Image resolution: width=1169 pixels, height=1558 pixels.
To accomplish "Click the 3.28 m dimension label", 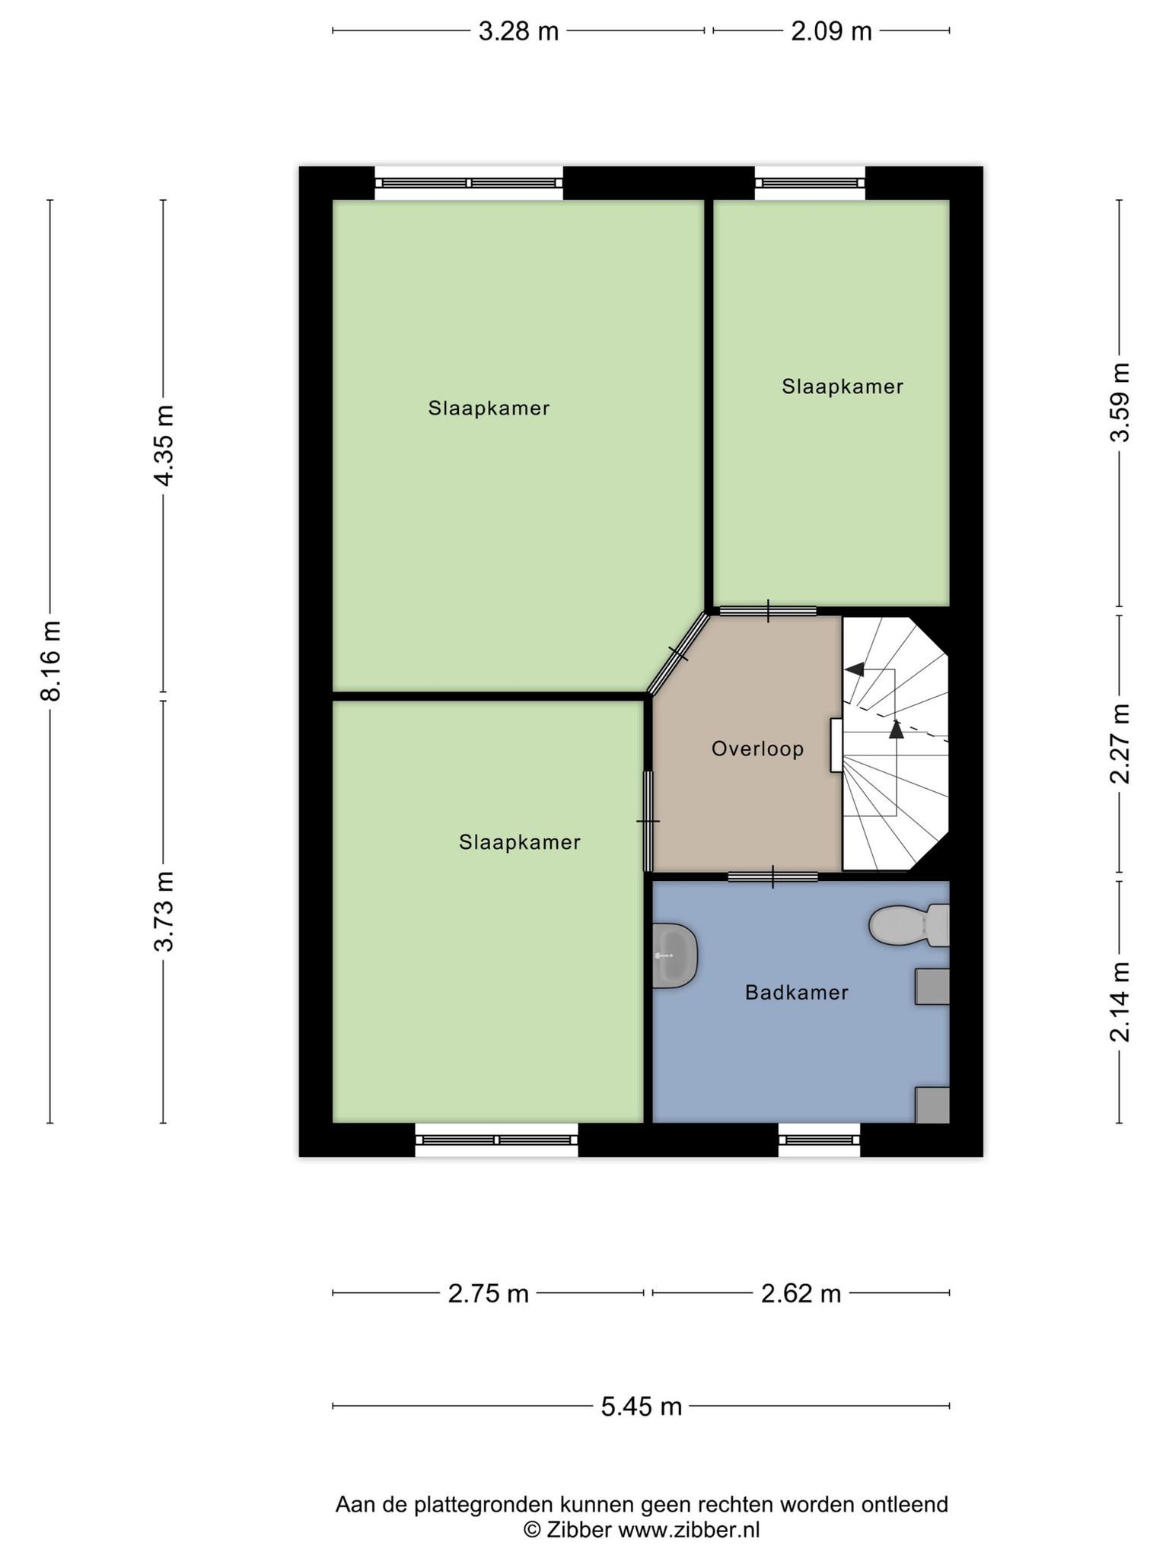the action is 518,32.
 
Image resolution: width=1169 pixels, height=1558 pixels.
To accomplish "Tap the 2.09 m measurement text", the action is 831,32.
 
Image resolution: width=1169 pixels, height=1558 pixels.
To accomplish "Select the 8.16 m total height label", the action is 52,660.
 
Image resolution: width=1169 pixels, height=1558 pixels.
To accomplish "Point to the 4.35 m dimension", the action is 164,444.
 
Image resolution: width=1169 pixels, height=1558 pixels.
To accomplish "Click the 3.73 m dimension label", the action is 164,911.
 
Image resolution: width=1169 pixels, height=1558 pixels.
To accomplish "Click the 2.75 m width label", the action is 488,1293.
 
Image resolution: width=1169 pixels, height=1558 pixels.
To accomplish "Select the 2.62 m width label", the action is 801,1293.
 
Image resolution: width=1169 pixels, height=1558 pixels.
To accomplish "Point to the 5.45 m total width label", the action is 641,1407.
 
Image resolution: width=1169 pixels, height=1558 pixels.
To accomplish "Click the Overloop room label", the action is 757,749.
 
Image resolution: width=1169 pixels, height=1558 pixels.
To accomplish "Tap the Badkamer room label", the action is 796,993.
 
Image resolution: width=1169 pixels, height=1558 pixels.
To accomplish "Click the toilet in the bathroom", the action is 909,925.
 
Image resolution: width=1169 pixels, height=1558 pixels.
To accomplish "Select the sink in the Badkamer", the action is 675,955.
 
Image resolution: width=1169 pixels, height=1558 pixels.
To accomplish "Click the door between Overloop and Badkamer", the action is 772,876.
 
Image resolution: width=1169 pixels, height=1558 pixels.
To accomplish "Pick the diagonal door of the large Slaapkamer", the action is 678,653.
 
